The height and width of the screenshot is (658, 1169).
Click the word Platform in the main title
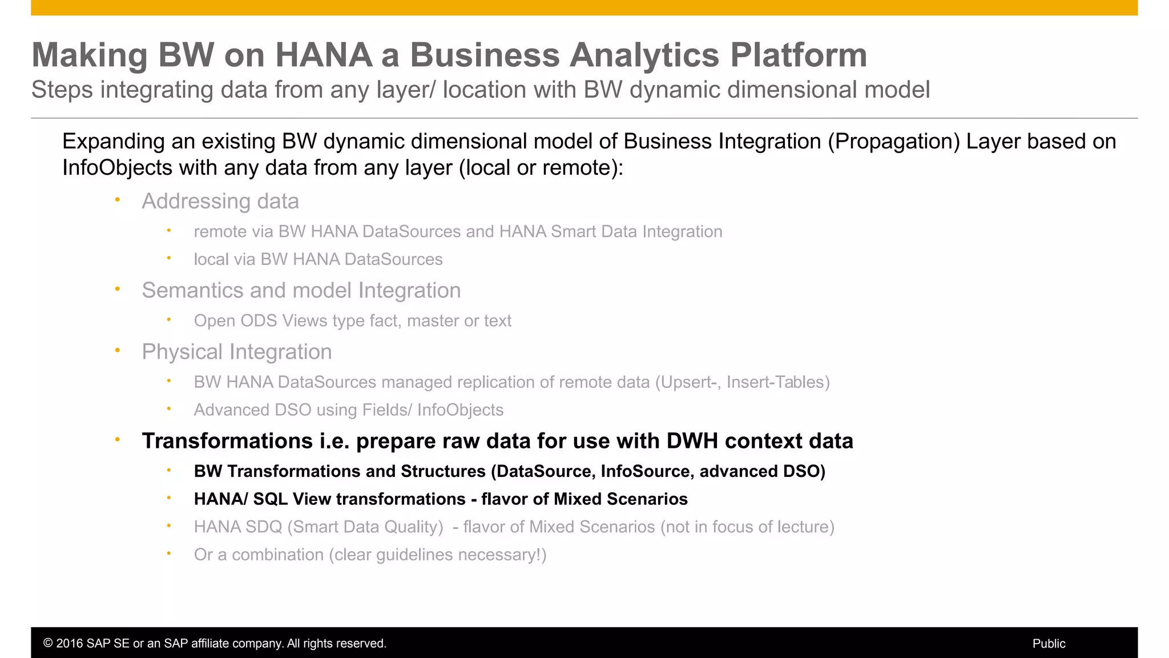(x=799, y=55)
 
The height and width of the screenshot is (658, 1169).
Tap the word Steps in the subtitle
(x=62, y=90)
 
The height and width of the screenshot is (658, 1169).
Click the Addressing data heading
(x=220, y=201)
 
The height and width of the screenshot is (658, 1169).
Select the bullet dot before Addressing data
(x=118, y=200)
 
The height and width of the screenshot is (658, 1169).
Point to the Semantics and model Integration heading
(x=301, y=290)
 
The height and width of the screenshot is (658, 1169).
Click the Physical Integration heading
(x=236, y=352)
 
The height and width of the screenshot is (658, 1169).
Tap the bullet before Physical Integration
(x=118, y=350)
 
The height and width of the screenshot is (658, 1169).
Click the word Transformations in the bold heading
(x=227, y=441)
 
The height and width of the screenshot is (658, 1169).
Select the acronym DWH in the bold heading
(x=692, y=441)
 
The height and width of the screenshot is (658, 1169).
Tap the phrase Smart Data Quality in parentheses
(x=365, y=527)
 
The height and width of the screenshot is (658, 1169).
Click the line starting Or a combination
(x=370, y=555)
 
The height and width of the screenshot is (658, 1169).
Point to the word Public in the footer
(x=1049, y=644)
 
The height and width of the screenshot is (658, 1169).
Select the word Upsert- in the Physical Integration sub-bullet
(x=687, y=382)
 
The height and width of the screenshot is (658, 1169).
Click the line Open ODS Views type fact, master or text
(x=352, y=321)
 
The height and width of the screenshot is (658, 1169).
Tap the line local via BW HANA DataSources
(x=318, y=259)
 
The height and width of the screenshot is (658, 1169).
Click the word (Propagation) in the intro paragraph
(x=894, y=142)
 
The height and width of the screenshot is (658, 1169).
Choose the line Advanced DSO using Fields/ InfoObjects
(x=348, y=410)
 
